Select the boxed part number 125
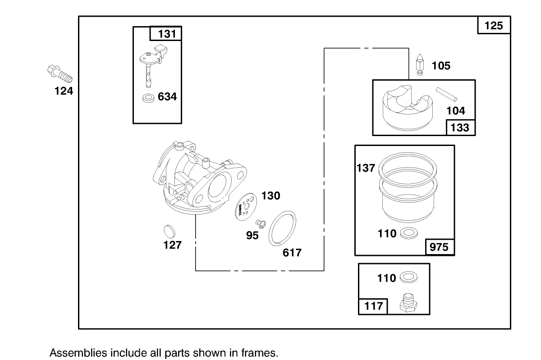494,26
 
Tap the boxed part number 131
166,34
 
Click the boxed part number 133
460,128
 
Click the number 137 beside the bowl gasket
366,168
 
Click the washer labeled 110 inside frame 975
408,233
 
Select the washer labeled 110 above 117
408,278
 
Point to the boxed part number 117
373,306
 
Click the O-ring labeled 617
283,228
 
